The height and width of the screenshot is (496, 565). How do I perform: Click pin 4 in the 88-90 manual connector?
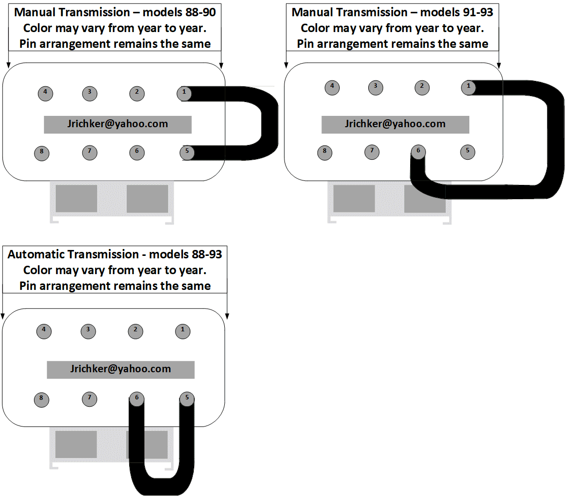(45, 93)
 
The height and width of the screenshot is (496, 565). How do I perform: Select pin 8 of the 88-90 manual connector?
(42, 153)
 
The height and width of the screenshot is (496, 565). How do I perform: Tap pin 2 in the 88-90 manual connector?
(137, 93)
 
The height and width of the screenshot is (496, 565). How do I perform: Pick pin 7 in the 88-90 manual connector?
(90, 152)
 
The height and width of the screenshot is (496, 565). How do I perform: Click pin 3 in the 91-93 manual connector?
(376, 88)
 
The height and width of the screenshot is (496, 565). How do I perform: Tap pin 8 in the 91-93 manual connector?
(325, 152)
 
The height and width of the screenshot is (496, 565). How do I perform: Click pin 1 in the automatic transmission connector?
(183, 331)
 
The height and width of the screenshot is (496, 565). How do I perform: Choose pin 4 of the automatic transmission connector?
(44, 331)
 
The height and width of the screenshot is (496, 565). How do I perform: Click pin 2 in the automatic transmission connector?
(136, 331)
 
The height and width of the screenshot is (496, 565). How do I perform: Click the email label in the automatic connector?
(121, 369)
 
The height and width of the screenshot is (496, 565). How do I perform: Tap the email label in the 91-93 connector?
(395, 124)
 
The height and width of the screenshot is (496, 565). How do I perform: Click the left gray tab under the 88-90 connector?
(76, 199)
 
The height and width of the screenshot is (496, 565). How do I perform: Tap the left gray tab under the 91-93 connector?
(354, 199)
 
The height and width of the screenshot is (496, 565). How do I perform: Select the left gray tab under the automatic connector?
(76, 444)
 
